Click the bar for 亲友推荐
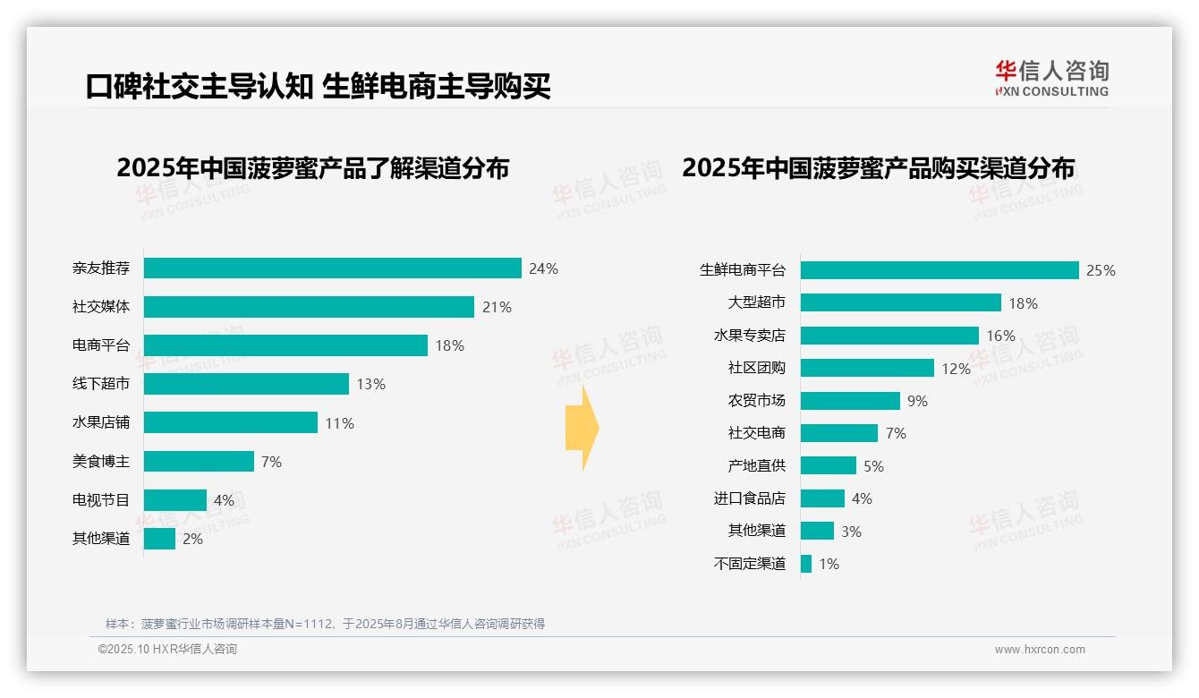[x=332, y=268]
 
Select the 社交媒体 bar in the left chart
[x=309, y=307]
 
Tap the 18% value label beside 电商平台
[x=449, y=345]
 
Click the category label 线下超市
[x=100, y=384]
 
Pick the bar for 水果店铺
[x=230, y=422]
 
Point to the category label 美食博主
[x=100, y=462]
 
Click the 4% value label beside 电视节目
[x=223, y=500]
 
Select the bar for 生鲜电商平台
[x=940, y=270]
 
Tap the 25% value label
[x=1101, y=270]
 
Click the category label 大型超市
[x=756, y=303]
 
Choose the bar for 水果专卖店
[x=889, y=336]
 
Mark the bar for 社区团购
[x=867, y=368]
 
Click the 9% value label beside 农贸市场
[x=917, y=401]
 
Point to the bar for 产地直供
[x=829, y=465]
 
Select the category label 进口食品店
[x=749, y=498]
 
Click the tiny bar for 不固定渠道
[x=806, y=564]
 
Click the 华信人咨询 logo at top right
[x=1051, y=78]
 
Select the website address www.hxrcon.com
[x=1039, y=650]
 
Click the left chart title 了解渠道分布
[x=312, y=168]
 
